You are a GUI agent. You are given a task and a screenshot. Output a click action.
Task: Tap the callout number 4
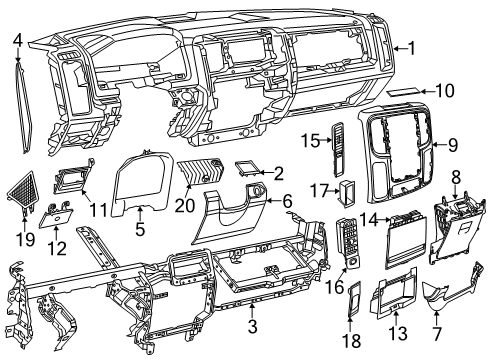pos(18,39)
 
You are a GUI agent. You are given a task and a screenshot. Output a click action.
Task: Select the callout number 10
pos(444,90)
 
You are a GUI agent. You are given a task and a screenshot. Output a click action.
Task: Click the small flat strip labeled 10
pos(404,91)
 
